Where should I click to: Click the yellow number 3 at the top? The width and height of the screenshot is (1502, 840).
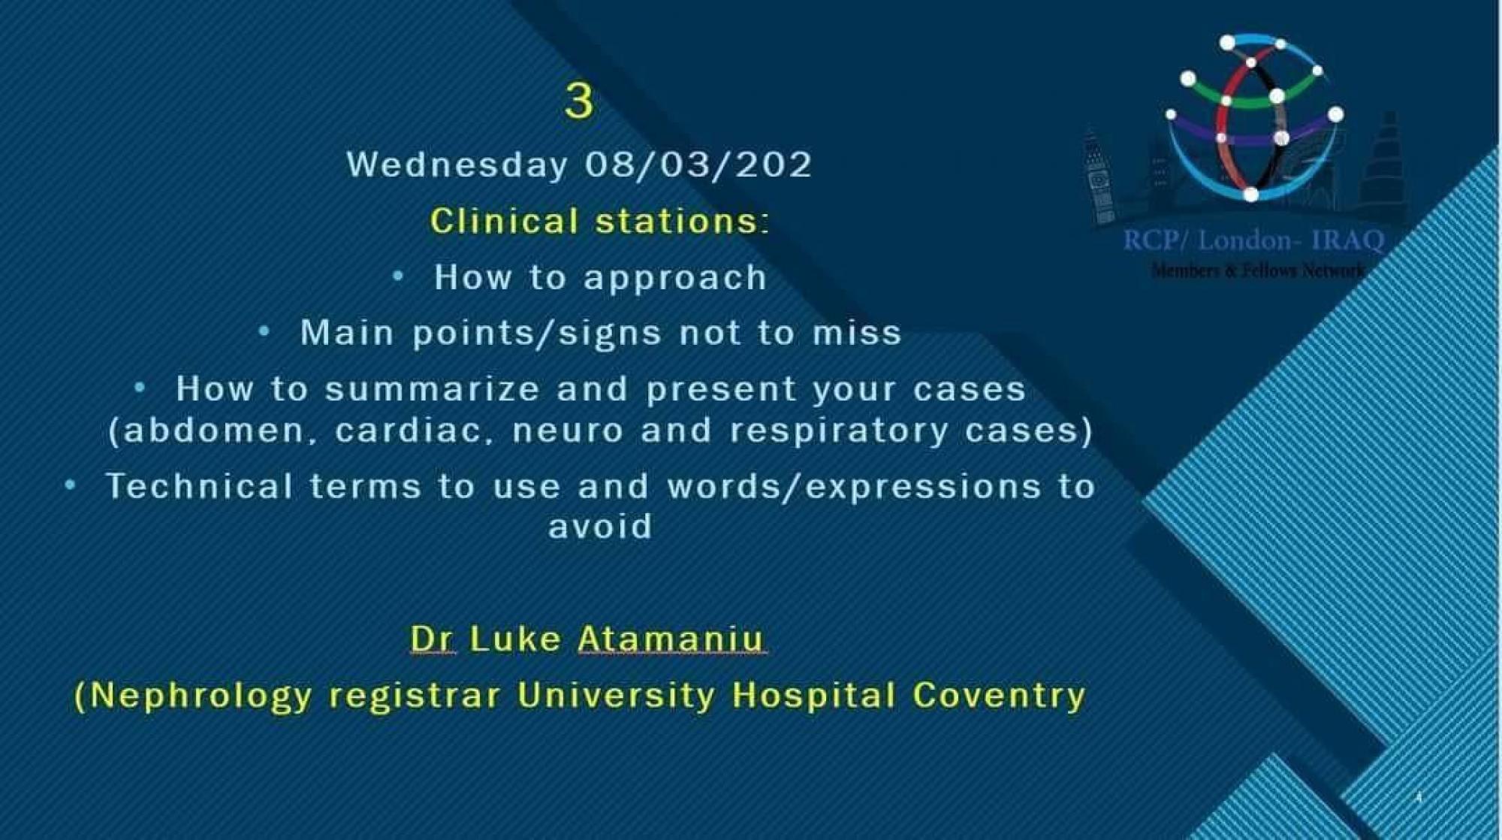579,101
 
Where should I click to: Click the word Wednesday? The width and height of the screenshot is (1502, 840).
457,165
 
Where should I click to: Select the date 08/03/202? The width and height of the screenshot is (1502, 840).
698,165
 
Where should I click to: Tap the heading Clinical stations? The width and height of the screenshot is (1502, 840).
600,221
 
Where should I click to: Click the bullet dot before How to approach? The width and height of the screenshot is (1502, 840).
398,276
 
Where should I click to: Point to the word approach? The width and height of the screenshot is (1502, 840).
676,279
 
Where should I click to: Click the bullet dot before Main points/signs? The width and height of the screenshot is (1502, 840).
264,331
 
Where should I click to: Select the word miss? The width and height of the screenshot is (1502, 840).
858,333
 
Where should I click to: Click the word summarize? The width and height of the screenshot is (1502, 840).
433,389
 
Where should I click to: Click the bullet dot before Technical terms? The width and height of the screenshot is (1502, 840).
70,485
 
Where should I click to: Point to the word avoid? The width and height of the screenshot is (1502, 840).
600,526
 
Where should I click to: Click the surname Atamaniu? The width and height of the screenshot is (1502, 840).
671,639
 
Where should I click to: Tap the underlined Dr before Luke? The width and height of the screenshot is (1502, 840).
433,639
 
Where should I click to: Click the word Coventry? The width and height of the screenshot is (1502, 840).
999,696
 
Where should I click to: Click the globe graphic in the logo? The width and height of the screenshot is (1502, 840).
1253,117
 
